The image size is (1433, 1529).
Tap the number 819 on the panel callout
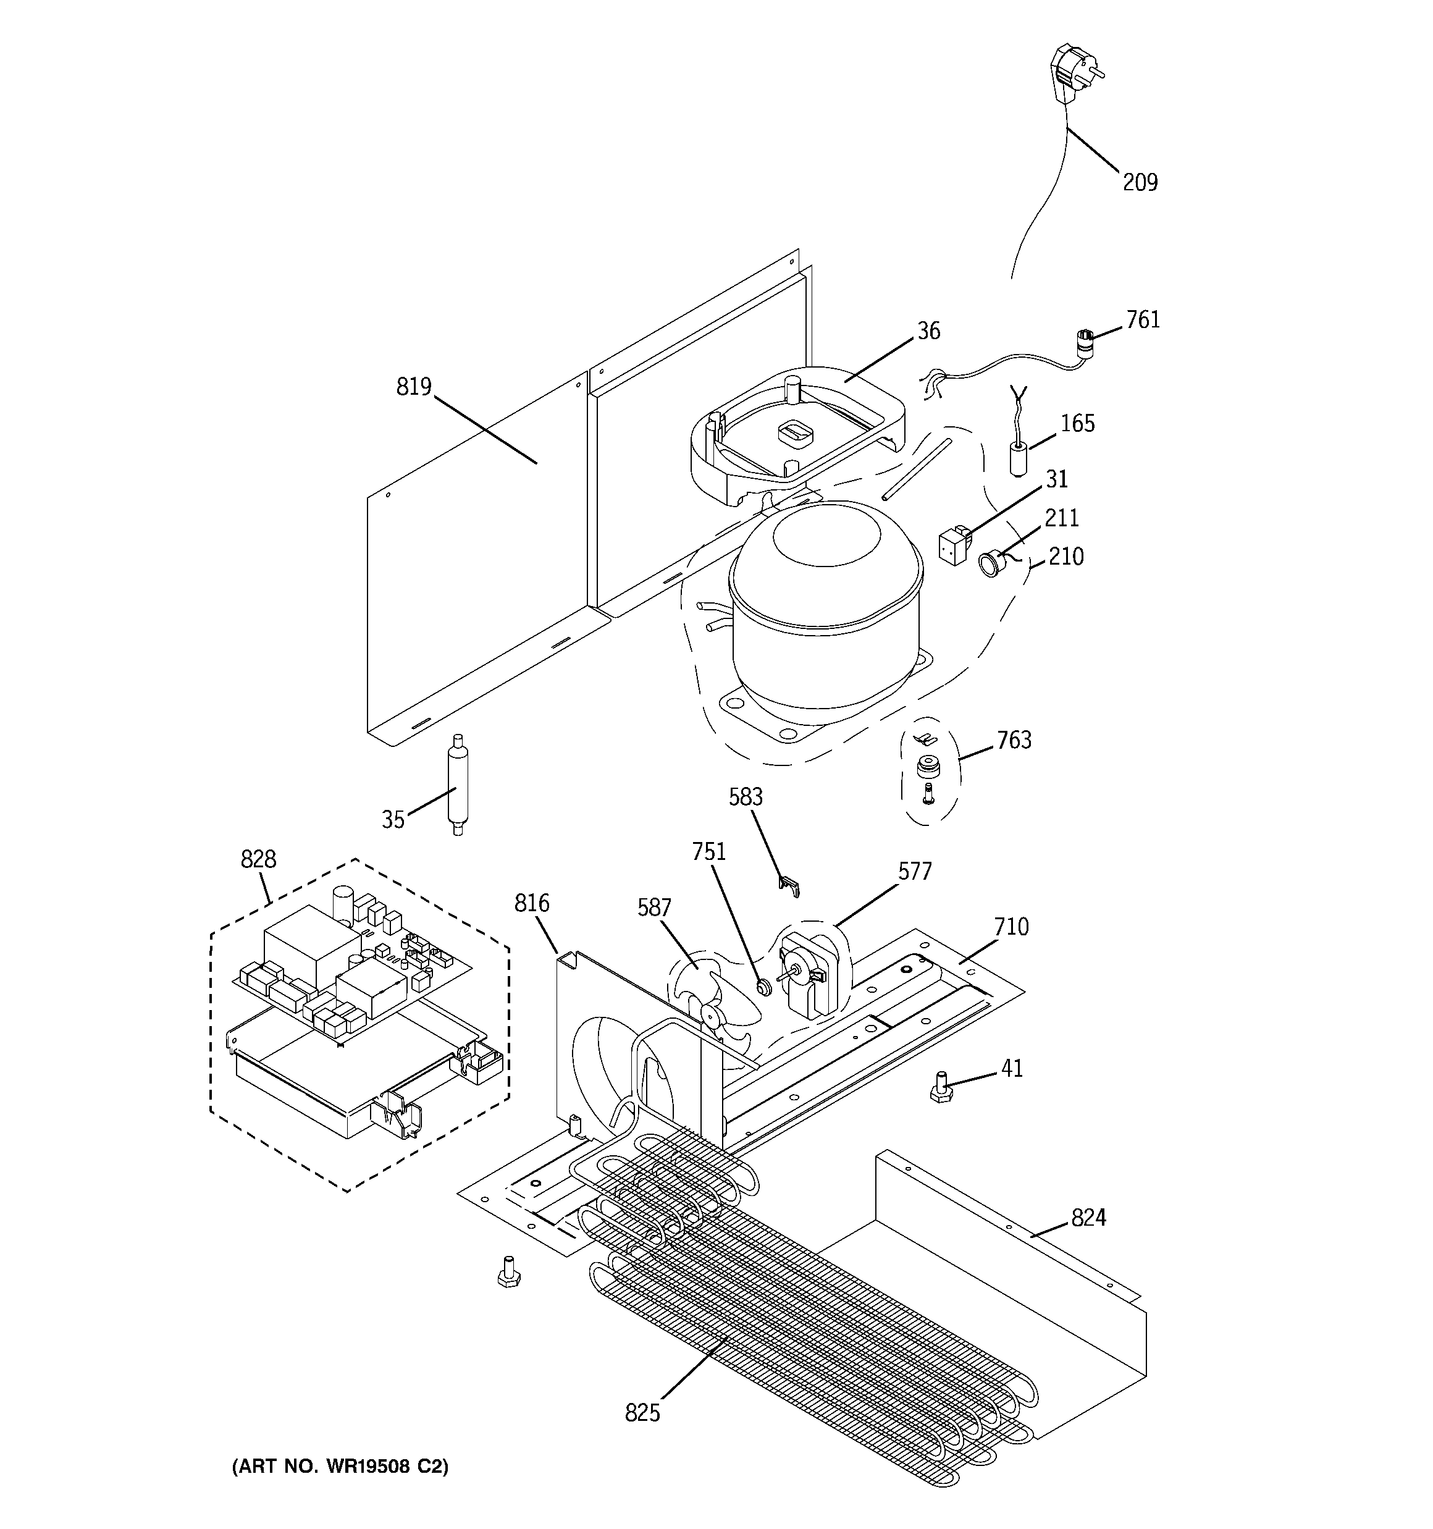click(x=414, y=386)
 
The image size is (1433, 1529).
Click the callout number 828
click(x=258, y=859)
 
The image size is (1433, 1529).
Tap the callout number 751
click(x=708, y=851)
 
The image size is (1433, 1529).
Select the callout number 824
click(x=1088, y=1218)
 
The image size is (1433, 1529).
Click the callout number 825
click(x=642, y=1413)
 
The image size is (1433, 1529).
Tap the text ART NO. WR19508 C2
click(x=340, y=1467)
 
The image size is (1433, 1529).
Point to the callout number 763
click(x=1014, y=740)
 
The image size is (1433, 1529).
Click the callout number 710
click(x=1011, y=927)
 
